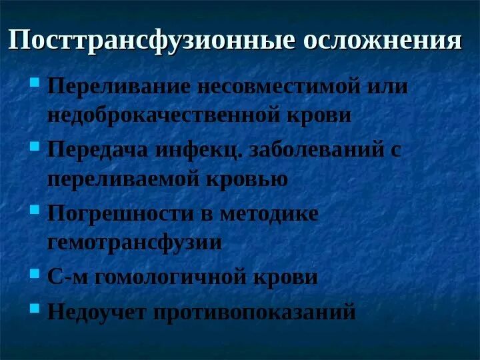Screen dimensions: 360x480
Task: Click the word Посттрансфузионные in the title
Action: [151, 41]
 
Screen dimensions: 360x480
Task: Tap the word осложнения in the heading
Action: [382, 41]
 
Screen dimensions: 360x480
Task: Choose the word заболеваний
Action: [316, 149]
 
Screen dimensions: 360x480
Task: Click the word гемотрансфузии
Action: [134, 243]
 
